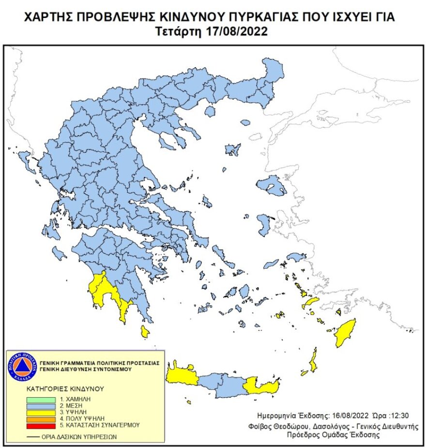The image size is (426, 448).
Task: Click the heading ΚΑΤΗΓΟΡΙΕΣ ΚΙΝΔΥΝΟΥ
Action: [65, 388]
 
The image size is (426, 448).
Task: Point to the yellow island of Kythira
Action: [144, 332]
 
